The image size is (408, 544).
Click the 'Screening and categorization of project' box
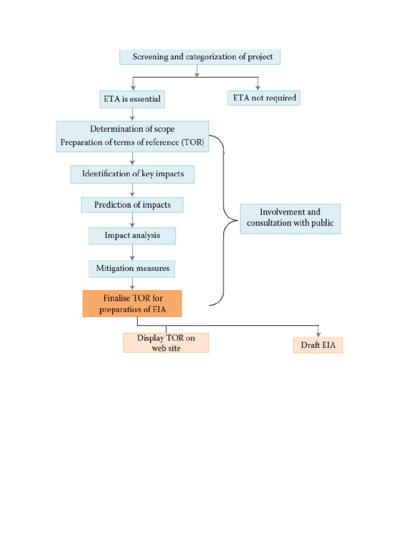[x=200, y=56]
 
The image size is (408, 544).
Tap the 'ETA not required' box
[x=263, y=98]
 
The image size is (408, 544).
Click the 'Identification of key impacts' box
[x=132, y=174]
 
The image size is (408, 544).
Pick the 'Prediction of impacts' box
[x=132, y=205]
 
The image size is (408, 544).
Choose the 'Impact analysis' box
[x=132, y=235]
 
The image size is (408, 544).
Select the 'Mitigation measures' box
[x=132, y=268]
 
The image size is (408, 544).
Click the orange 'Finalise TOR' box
[x=132, y=303]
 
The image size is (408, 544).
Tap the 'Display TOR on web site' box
[x=166, y=343]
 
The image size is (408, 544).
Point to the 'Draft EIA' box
[x=318, y=345]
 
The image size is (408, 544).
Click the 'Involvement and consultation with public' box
[x=290, y=218]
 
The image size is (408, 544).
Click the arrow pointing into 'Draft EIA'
[x=318, y=331]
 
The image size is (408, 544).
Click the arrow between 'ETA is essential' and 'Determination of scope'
[x=132, y=114]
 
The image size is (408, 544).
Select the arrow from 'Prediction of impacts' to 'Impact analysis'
[x=132, y=220]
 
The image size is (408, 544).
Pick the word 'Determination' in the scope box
[x=115, y=129]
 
